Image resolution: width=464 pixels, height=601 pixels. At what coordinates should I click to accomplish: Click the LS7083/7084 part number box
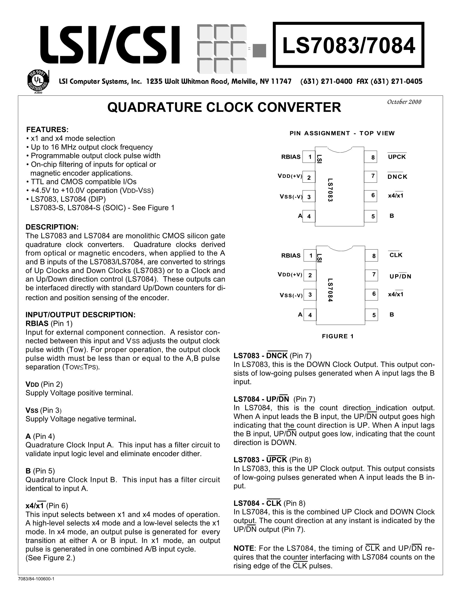click(x=348, y=45)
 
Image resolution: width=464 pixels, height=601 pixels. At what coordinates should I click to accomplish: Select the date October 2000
click(x=404, y=102)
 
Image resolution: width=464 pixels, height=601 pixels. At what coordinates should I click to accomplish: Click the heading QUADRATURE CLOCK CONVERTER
click(x=224, y=107)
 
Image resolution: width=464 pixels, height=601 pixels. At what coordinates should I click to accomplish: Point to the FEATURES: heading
click(x=47, y=129)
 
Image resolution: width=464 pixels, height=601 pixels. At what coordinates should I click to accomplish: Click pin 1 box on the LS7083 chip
click(x=309, y=157)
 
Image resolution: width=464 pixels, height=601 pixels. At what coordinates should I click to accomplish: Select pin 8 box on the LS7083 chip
click(x=370, y=157)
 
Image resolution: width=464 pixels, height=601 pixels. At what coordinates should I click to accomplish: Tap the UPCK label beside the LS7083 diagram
click(x=397, y=157)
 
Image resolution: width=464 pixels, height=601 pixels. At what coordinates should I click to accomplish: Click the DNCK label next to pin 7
click(x=397, y=177)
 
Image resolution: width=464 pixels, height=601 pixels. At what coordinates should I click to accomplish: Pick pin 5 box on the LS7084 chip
click(x=371, y=315)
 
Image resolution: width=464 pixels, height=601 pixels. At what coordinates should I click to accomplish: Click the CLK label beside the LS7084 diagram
click(x=396, y=255)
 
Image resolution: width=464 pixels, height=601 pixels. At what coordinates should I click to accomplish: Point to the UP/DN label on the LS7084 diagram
click(x=400, y=276)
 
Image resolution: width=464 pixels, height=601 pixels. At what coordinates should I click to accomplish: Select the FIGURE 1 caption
click(x=338, y=336)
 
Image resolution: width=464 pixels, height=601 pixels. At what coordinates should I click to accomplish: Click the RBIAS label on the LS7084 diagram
click(x=291, y=256)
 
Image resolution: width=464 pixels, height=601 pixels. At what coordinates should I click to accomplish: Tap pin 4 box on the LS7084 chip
click(x=310, y=315)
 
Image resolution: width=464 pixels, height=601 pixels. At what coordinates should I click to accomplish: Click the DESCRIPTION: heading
click(x=52, y=227)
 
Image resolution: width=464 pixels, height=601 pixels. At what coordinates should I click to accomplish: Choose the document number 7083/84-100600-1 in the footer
click(x=36, y=579)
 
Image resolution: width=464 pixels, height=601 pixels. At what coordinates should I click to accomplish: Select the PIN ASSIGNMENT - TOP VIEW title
click(x=342, y=133)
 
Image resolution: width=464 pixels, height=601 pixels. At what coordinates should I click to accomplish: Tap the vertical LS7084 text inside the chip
click(x=330, y=290)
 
